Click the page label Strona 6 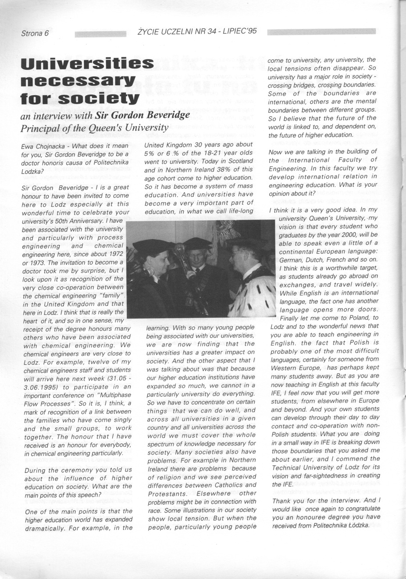point(35,33)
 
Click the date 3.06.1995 point(43,387)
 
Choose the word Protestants point(165,493)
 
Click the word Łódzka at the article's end point(356,525)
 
